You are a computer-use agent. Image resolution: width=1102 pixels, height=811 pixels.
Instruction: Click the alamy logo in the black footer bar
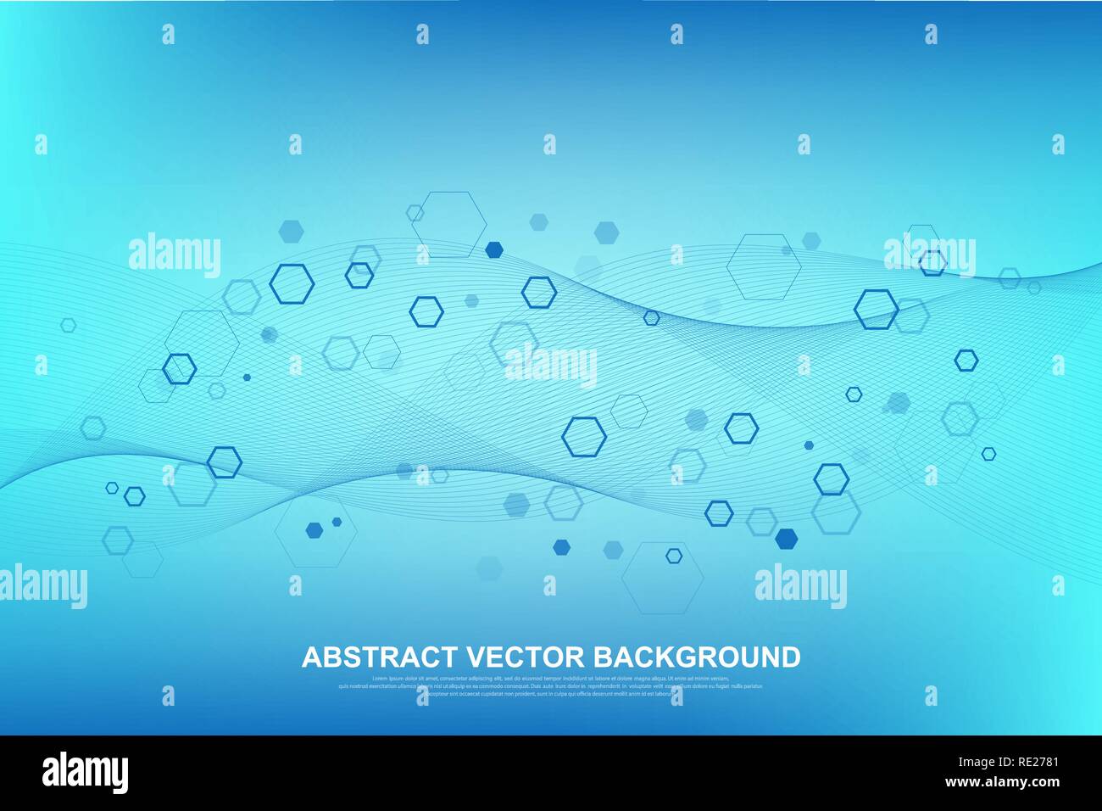click(85, 773)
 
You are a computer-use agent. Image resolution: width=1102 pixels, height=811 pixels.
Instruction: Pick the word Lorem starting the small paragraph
click(379, 679)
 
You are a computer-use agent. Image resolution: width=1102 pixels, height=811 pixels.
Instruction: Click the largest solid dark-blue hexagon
click(787, 538)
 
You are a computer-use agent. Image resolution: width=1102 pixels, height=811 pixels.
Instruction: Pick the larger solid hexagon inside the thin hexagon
click(314, 531)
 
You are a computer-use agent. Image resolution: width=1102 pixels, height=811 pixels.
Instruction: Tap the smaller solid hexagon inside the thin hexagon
click(337, 522)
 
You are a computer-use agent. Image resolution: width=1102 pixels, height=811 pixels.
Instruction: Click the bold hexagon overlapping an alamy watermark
click(932, 263)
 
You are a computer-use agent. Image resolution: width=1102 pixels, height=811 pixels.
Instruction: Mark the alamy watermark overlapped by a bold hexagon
click(929, 254)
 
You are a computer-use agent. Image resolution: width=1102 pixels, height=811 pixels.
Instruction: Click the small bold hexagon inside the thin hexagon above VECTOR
click(673, 556)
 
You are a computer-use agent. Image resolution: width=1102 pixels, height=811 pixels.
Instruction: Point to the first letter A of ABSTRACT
click(310, 657)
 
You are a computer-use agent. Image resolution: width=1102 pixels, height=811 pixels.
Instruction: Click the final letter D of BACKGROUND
click(791, 657)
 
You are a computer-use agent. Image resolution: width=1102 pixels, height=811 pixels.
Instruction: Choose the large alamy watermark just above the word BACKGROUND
click(800, 586)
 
